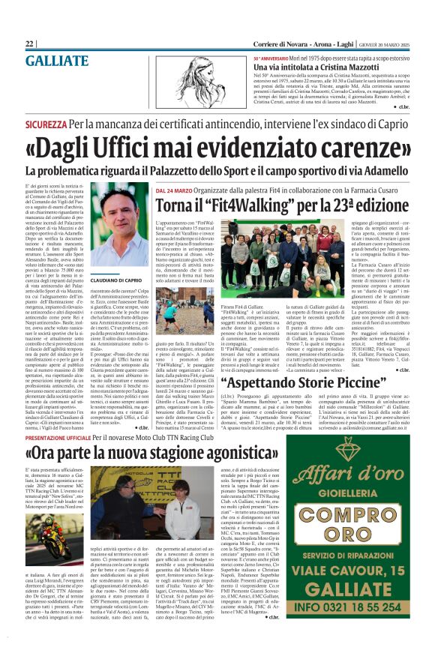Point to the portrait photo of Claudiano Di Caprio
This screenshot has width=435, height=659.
pyautogui.click(x=119, y=226)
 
